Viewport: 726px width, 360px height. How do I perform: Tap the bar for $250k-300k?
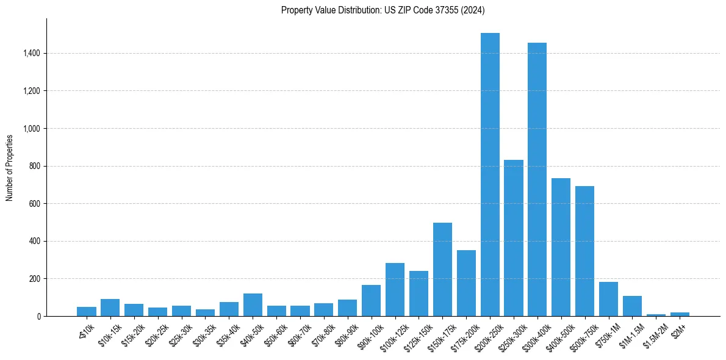[x=514, y=238]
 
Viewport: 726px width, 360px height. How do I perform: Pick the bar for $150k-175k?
[x=442, y=269]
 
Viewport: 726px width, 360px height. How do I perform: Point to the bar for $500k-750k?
[x=584, y=251]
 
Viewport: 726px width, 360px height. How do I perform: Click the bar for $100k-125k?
[x=395, y=289]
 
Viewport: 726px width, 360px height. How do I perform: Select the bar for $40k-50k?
[x=253, y=304]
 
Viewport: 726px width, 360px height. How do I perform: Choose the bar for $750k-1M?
[x=608, y=299]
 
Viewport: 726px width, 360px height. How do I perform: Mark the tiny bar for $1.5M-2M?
[x=656, y=315]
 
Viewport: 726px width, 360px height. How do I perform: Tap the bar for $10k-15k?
[x=110, y=308]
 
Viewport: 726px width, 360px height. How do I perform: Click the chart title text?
[x=383, y=10]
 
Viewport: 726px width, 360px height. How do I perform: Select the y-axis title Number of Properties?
[x=10, y=167]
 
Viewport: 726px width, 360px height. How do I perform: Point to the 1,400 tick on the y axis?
[x=31, y=54]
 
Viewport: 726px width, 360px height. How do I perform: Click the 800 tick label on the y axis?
[x=35, y=166]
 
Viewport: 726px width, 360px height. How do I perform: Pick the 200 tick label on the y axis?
[x=35, y=279]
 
